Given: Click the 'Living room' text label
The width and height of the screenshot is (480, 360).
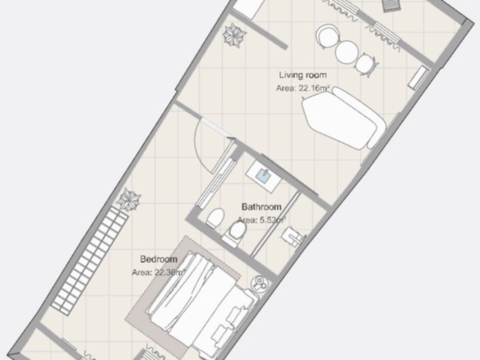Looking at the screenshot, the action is click(302, 76).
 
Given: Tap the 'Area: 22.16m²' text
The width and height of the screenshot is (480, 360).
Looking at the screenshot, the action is click(302, 88).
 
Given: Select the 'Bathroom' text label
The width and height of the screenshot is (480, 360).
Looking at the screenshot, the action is click(261, 207).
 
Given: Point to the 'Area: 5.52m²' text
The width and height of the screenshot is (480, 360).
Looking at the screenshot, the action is click(261, 219).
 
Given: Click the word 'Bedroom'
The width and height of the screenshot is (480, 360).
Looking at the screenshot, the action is click(159, 259).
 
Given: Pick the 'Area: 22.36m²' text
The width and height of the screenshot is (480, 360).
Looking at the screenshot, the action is click(159, 272).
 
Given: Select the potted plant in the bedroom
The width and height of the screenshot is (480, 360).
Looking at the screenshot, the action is click(129, 200).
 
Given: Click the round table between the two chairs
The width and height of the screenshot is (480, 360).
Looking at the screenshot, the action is click(347, 52).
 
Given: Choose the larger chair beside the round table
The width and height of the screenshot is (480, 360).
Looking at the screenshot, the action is click(328, 36).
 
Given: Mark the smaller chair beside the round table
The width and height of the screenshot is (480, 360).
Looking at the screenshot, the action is click(365, 64).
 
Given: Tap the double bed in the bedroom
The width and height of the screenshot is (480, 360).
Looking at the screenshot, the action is click(201, 306).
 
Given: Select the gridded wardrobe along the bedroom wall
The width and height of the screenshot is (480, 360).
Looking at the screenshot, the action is click(90, 261).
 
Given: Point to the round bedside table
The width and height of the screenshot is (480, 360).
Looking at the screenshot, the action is click(260, 284).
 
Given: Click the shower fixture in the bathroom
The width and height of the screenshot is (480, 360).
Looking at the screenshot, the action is click(293, 237).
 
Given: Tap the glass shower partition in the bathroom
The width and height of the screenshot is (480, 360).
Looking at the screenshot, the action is click(275, 224).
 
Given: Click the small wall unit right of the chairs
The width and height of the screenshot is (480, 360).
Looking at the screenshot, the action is click(418, 78).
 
